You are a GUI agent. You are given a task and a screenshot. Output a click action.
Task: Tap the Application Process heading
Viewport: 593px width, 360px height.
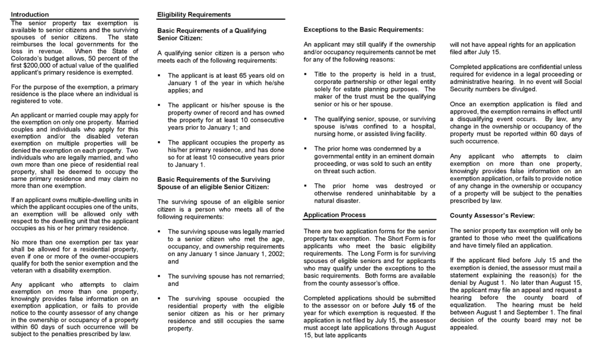pos(334,215)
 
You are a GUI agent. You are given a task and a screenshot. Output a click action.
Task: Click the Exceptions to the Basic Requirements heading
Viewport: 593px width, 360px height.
pos(363,29)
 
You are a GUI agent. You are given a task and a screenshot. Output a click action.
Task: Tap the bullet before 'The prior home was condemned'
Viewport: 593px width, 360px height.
pos(306,148)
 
